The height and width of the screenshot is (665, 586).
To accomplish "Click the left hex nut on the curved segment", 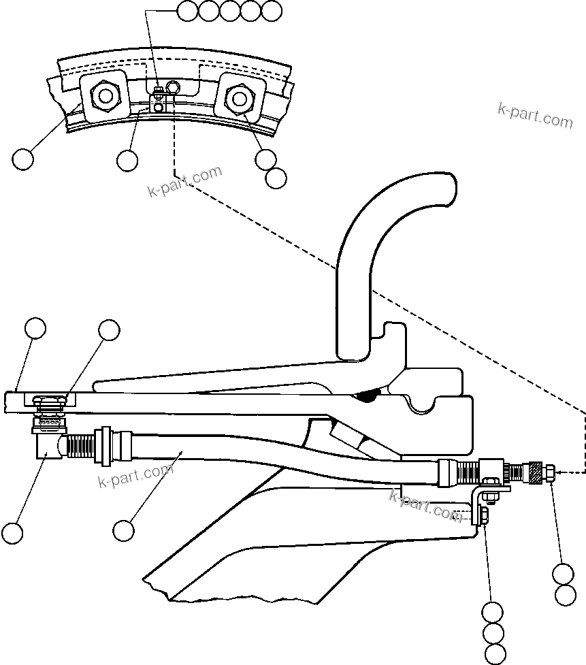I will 104,97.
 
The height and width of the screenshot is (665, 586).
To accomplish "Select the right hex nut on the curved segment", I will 239,99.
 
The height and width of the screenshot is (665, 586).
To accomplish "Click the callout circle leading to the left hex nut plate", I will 23,160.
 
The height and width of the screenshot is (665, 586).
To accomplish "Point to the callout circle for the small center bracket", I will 127,160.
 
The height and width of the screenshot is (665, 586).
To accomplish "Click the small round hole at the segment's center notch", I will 172,86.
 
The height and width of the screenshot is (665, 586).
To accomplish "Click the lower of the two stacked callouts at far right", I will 566,596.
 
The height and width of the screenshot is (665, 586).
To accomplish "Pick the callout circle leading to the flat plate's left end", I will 35,329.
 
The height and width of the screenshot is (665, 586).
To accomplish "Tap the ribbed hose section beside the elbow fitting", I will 80,447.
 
